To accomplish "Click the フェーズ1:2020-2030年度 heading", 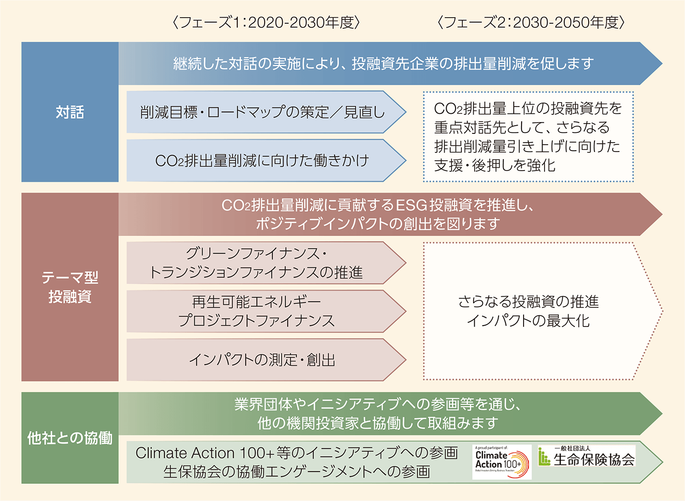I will click(266, 22).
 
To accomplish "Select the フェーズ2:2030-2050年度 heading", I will click(531, 22).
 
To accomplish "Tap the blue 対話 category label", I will click(70, 112).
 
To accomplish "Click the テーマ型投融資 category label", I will click(70, 287).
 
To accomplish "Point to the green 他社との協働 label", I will click(70, 438).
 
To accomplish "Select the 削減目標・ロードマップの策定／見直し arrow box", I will click(263, 112).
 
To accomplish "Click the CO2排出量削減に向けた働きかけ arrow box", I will click(263, 160).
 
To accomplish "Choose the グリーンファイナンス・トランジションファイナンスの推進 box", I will click(256, 263).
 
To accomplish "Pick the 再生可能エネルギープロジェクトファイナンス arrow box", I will click(256, 311).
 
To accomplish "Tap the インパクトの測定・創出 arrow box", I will click(263, 360).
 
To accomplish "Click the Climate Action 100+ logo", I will click(502, 462).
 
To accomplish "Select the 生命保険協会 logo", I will click(587, 456).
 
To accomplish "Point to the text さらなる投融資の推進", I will click(528, 302).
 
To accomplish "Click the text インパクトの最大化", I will click(528, 321).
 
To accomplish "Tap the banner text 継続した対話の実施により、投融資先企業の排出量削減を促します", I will click(384, 64).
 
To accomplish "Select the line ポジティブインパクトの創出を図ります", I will click(378, 224).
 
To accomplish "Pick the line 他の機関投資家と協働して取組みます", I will click(378, 423).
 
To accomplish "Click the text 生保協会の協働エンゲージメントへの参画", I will click(297, 472).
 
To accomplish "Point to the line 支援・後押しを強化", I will click(495, 165).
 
